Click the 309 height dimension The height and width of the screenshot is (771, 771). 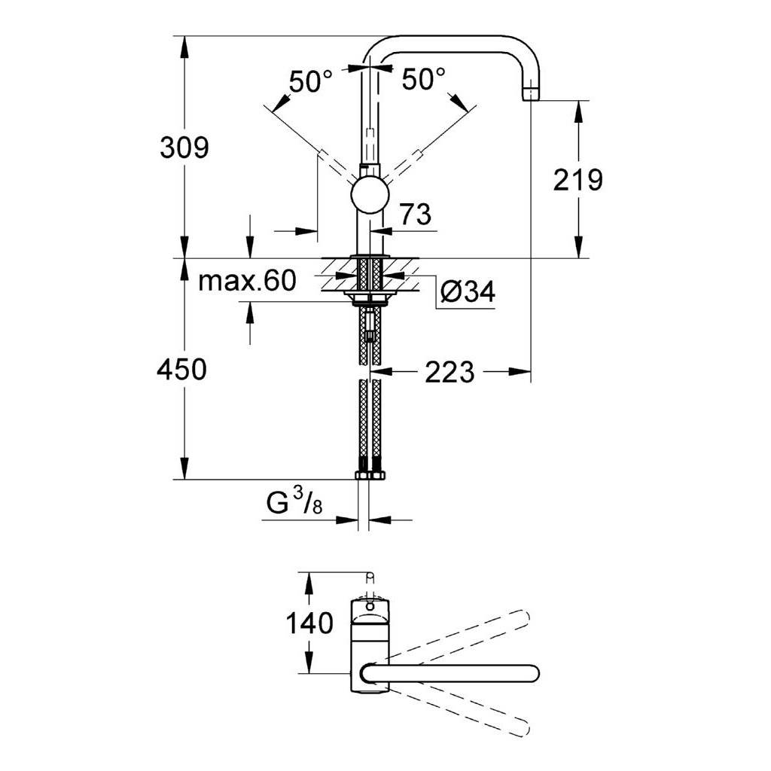coord(184,148)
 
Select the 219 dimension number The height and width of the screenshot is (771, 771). coord(577,180)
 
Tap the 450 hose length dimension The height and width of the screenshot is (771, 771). coord(182,369)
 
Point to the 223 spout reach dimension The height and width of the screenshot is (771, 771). coord(449,372)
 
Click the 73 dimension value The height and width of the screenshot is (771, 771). coord(416,215)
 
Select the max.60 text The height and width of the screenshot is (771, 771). coord(247,281)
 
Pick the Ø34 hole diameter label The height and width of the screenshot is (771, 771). coord(468,291)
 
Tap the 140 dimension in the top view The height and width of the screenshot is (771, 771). coord(309,623)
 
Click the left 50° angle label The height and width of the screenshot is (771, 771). coord(311,81)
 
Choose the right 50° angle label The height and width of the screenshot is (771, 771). coord(423,78)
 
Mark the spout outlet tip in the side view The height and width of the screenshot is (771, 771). coord(531,93)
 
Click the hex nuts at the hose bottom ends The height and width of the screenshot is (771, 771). coord(370,475)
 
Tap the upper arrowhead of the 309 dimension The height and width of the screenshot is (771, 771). coord(184,47)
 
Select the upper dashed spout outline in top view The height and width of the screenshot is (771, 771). coord(460,634)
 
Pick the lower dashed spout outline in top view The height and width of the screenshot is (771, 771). coord(460,712)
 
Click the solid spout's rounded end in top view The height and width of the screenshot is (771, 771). coord(534,673)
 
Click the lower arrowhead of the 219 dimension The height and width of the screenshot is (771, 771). coord(577,247)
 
